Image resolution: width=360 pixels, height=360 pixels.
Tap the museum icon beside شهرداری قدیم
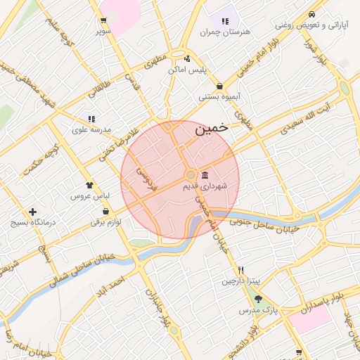pyautogui.click(x=205, y=174)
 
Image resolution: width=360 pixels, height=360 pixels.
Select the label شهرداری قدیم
pyautogui.click(x=205, y=186)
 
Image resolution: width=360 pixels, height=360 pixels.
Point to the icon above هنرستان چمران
pyautogui.click(x=225, y=22)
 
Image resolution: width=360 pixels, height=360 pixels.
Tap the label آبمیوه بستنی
pyautogui.click(x=220, y=96)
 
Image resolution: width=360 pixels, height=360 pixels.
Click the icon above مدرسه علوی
pyautogui.click(x=91, y=120)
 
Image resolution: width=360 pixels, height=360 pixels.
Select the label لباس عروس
pyautogui.click(x=86, y=195)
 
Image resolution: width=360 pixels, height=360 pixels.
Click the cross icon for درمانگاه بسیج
pyautogui.click(x=32, y=212)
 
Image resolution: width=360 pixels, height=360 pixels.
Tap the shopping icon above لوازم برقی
pyautogui.click(x=105, y=211)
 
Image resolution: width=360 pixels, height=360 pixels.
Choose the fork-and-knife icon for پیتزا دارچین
pyautogui.click(x=241, y=270)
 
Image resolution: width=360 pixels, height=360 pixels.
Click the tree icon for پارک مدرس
pyautogui.click(x=258, y=299)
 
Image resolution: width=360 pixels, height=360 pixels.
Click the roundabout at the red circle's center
pyautogui.click(x=190, y=174)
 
